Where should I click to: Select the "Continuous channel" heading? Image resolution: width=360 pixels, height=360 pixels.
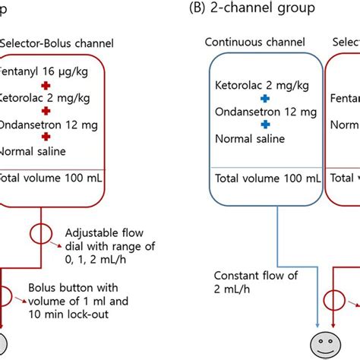tap(255, 43)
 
